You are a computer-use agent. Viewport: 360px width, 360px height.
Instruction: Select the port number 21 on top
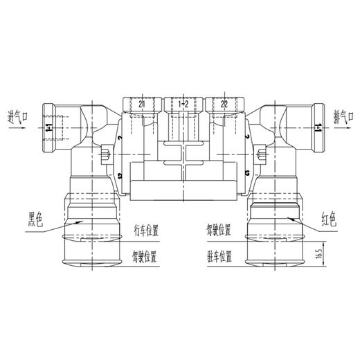click(143, 103)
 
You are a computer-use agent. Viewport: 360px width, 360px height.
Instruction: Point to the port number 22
click(224, 103)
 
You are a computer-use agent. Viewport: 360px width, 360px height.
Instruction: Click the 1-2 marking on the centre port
click(183, 103)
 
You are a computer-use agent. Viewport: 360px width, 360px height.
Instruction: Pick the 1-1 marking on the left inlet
click(48, 128)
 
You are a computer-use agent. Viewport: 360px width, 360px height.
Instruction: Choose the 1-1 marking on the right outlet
click(317, 128)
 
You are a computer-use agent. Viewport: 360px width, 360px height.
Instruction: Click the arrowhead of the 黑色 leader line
click(82, 219)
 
